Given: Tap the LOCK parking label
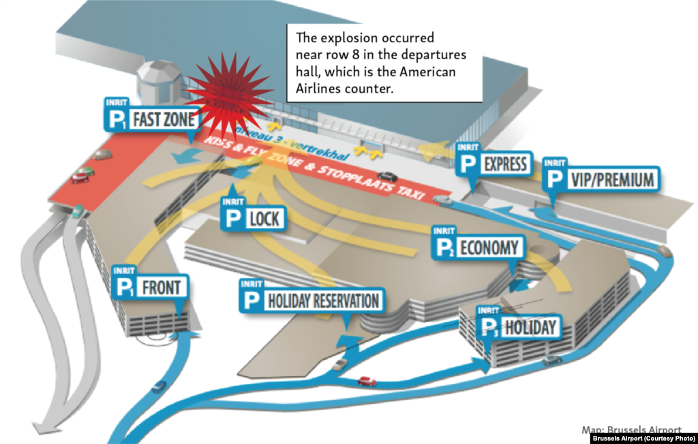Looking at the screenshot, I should pos(253,219).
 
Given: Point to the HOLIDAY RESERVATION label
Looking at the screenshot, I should pos(309,300).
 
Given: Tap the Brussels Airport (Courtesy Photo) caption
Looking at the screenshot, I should pos(643,438).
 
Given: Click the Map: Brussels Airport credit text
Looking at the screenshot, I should pos(631,430).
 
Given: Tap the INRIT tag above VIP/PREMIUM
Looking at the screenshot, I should pos(556,163).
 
